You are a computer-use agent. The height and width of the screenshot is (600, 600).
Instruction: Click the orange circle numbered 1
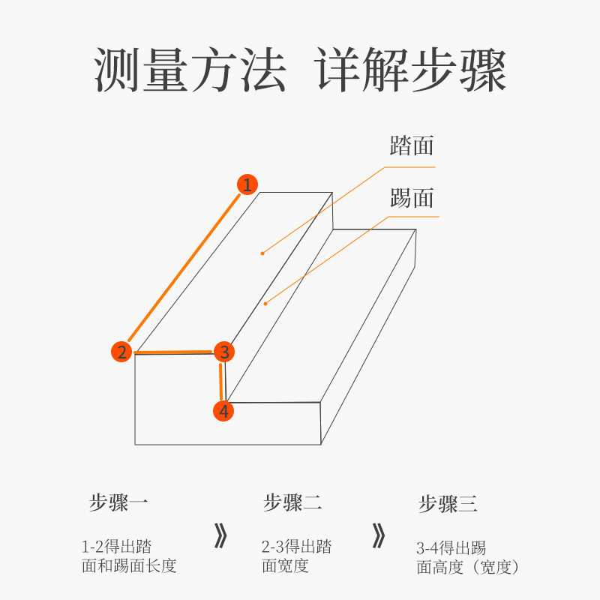tap(247, 184)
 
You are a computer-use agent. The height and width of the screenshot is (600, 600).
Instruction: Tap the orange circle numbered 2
tap(121, 351)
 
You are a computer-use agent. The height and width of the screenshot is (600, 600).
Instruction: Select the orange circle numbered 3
tap(224, 351)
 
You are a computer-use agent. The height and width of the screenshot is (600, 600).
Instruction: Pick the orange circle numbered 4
tap(223, 411)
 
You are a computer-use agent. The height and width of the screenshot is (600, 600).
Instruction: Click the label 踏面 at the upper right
tap(412, 145)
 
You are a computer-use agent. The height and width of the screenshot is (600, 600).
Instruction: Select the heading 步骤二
tap(292, 502)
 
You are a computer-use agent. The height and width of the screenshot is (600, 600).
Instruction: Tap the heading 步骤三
tap(448, 503)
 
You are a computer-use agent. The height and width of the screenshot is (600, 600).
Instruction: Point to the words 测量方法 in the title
tap(190, 71)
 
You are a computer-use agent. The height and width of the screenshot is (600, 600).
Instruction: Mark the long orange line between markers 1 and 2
tap(184, 268)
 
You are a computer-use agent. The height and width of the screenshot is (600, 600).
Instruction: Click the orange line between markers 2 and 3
tap(173, 352)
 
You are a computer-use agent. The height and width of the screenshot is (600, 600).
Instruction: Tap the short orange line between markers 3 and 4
tap(221, 382)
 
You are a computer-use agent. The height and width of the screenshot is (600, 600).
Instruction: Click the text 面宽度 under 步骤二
tap(285, 566)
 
